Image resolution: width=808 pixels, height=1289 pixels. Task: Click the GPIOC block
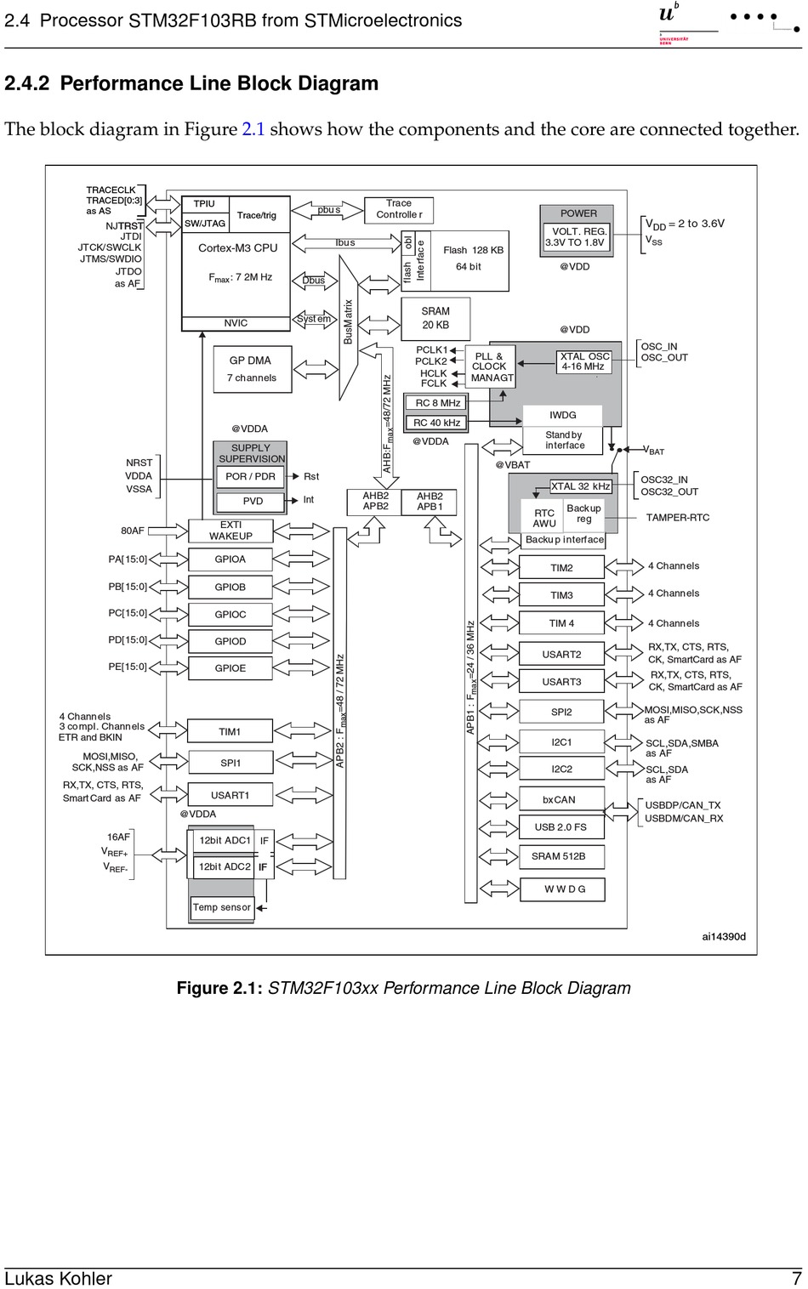coord(230,614)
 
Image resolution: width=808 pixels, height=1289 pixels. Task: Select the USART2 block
coord(561,654)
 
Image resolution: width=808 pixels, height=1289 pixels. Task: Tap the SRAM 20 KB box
coord(435,318)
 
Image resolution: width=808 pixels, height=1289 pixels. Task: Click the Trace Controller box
coord(399,209)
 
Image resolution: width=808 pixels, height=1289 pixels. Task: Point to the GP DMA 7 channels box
coord(252,369)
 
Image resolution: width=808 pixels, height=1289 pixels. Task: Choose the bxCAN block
coord(560,799)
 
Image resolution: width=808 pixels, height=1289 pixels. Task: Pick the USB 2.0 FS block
coord(560,826)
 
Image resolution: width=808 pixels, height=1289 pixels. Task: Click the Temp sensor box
coord(222,907)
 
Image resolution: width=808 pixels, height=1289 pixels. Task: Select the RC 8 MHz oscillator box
coord(437,403)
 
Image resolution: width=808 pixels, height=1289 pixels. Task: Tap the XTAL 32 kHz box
coord(581,486)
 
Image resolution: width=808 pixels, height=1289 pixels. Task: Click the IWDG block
coord(562,415)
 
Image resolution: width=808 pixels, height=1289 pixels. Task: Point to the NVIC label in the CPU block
coord(236,323)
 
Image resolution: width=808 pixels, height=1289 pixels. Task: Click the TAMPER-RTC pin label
coord(677,517)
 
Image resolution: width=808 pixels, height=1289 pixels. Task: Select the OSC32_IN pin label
coord(664,480)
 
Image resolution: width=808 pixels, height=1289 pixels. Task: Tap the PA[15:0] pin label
coord(128,559)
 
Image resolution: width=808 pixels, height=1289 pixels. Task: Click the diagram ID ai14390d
coord(724,936)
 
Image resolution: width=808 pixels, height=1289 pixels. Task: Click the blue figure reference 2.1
coord(253,129)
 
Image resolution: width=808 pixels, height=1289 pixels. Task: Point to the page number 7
coord(796,1278)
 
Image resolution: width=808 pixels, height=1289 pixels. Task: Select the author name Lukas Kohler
coord(58,1278)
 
